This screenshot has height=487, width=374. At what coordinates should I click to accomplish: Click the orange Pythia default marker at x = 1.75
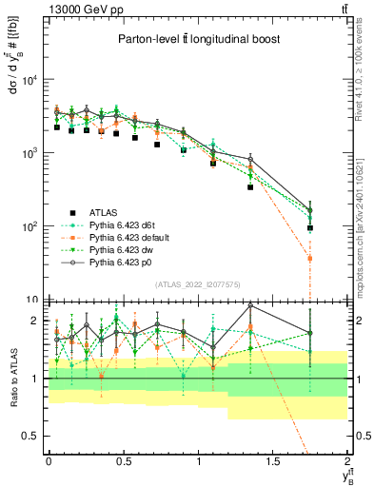(310, 258)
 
